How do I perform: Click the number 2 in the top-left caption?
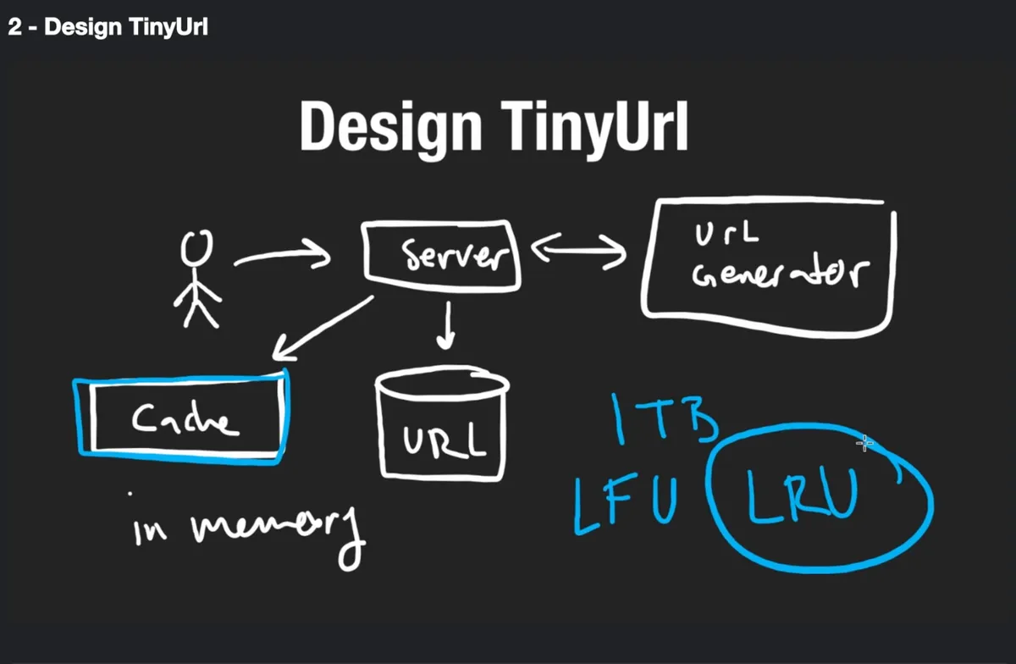click(14, 27)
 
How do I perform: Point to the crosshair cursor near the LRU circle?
click(864, 443)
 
